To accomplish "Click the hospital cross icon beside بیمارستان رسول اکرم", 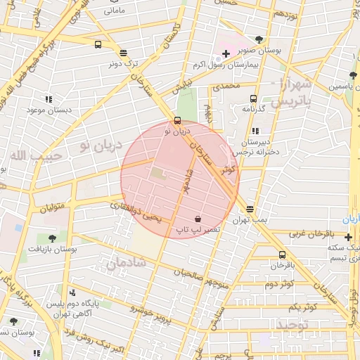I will coord(225,54).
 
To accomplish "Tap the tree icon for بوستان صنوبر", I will coord(259,40).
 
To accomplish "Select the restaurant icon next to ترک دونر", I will coord(124,53).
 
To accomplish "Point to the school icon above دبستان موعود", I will coord(49,100).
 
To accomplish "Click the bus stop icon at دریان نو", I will coord(176,120).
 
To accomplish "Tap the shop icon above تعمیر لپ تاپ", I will coord(197,219).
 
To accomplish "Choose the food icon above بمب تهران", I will coord(250,209).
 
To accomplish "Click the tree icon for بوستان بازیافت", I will coord(52,238).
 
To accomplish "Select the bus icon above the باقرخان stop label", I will coord(282,255).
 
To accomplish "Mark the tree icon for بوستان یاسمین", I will coord(352,75).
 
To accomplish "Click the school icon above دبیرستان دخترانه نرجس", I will coord(255,131).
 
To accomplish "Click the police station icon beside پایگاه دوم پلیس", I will coord(72,292).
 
